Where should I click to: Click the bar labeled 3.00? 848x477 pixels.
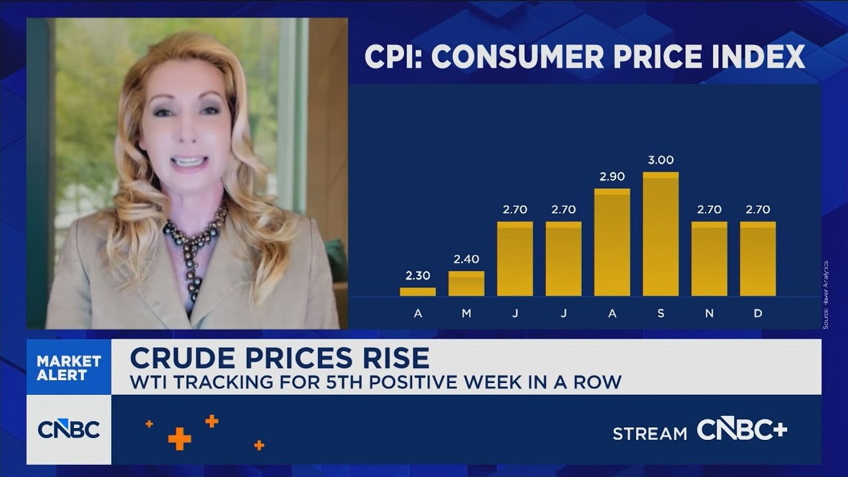tap(661, 234)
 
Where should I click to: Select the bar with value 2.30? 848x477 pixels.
tap(417, 291)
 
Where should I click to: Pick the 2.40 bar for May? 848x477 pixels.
tap(466, 284)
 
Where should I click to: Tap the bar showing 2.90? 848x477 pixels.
tap(612, 242)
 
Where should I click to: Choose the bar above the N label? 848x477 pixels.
tap(709, 258)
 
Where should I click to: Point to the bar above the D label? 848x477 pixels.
tap(758, 258)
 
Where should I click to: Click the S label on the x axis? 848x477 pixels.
tap(661, 313)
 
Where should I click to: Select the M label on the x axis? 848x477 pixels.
tap(466, 313)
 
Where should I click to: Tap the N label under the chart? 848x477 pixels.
tap(709, 313)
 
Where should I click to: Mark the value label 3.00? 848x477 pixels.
tap(661, 160)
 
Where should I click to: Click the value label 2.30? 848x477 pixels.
tap(417, 276)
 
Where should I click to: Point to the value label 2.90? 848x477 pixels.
tap(612, 177)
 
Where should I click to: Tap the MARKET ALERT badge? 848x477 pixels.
tap(69, 368)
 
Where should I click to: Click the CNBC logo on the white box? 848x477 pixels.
tap(69, 429)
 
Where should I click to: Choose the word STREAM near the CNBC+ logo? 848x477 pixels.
tap(650, 433)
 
